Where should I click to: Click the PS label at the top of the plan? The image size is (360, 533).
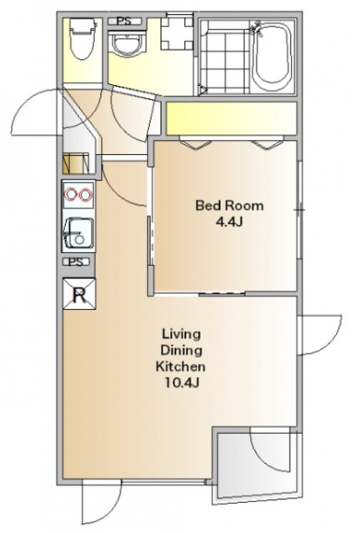(x=124, y=21)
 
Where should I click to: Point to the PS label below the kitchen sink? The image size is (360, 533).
(x=76, y=262)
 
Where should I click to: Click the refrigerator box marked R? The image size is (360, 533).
(x=79, y=294)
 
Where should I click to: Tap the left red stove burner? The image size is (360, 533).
(x=71, y=194)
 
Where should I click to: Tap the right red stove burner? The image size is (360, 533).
(x=86, y=194)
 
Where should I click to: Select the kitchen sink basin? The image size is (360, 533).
(x=78, y=233)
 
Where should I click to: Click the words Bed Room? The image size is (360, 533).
(x=229, y=206)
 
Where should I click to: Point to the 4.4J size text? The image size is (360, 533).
(x=229, y=222)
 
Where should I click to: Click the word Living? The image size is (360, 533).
(x=181, y=334)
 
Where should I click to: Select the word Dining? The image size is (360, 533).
(x=181, y=351)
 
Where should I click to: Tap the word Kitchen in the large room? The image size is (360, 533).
(x=181, y=366)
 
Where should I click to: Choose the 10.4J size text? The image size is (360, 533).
(x=182, y=383)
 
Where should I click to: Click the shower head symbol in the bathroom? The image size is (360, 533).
(x=256, y=27)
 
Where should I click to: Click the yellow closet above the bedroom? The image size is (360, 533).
(x=232, y=118)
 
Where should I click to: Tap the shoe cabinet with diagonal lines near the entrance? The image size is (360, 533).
(x=76, y=164)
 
